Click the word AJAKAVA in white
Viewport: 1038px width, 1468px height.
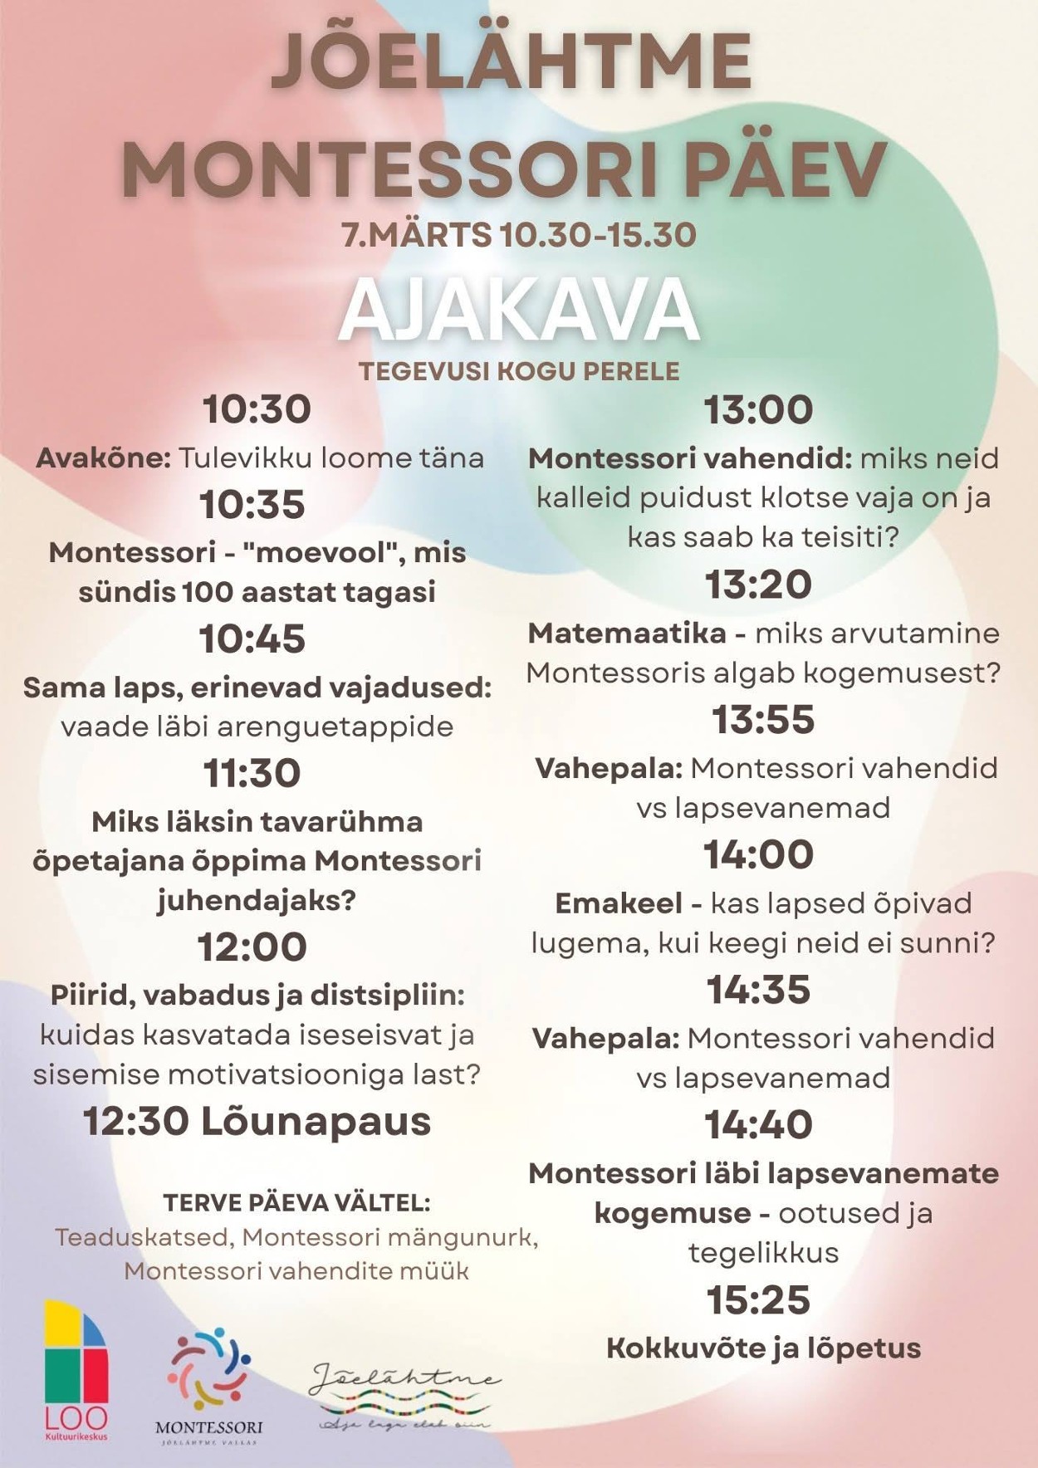pyautogui.click(x=518, y=311)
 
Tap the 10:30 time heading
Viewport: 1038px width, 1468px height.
pyautogui.click(x=257, y=409)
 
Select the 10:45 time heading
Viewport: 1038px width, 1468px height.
pyautogui.click(x=252, y=639)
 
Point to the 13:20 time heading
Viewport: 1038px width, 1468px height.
pyautogui.click(x=758, y=585)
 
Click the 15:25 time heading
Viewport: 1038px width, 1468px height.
pyautogui.click(x=758, y=1300)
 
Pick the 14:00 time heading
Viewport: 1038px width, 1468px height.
pyautogui.click(x=758, y=854)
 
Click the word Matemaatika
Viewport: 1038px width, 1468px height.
pyautogui.click(x=627, y=634)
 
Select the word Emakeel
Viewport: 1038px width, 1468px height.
pyautogui.click(x=619, y=903)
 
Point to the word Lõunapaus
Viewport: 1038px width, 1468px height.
pyautogui.click(x=316, y=1122)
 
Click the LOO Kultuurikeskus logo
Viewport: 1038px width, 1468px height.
pyautogui.click(x=76, y=1370)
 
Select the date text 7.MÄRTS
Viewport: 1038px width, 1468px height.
pyautogui.click(x=417, y=235)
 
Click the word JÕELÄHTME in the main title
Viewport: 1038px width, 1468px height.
pyautogui.click(x=512, y=62)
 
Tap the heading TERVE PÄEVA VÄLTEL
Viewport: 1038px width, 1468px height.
pyautogui.click(x=297, y=1203)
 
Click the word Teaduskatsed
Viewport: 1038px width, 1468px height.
pyautogui.click(x=141, y=1237)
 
